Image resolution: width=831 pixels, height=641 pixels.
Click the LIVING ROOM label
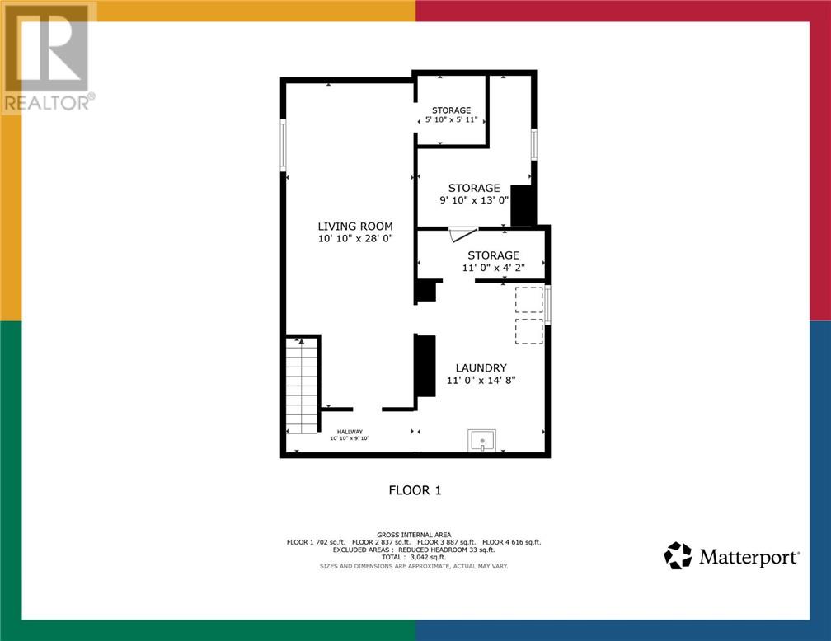[355, 227]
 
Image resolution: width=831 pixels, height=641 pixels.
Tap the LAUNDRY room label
[481, 367]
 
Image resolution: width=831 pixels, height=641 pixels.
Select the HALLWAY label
[350, 432]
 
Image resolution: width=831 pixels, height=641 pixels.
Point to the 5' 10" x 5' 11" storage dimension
[452, 119]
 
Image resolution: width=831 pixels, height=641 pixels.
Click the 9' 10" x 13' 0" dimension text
[474, 200]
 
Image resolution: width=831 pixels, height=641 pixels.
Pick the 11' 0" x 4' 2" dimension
[493, 268]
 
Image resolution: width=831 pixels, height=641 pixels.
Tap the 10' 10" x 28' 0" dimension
[355, 238]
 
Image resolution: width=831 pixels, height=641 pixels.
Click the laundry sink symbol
[482, 441]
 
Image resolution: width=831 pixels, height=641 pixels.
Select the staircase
[302, 386]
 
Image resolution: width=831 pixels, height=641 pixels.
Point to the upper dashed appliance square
[529, 300]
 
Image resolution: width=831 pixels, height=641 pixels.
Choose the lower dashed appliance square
[529, 331]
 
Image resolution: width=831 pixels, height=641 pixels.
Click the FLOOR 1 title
[415, 490]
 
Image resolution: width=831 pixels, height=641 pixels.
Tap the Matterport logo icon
[678, 555]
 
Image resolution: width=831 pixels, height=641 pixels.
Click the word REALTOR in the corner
[46, 103]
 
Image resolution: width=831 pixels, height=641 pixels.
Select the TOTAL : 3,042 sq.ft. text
[414, 557]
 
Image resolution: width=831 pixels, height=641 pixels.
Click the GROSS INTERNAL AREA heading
[414, 535]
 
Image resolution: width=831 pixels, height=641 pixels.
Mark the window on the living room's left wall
[283, 145]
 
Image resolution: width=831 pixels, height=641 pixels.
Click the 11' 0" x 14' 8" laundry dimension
[481, 380]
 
